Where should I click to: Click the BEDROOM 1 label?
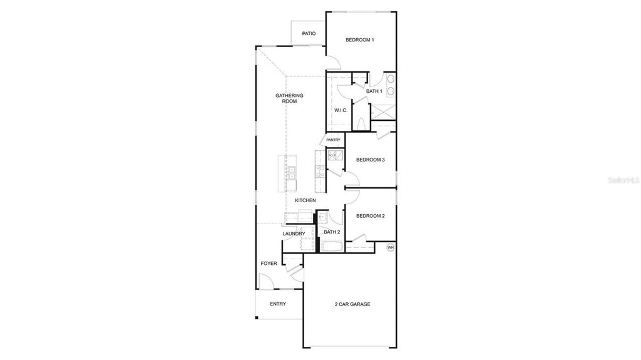[x=360, y=40]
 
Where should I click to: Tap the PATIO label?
[x=309, y=33]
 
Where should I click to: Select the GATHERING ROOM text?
[x=289, y=98]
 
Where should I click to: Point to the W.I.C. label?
[x=341, y=110]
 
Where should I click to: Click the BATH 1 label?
[x=374, y=91]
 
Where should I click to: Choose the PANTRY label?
[x=333, y=140]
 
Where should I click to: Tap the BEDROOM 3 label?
[x=370, y=160]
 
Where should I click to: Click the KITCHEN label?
[x=305, y=200]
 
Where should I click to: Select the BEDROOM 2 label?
[x=370, y=216]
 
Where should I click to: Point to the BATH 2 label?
[x=332, y=232]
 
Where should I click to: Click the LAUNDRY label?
[x=294, y=234]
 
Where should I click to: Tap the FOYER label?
[x=269, y=264]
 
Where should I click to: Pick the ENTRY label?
[x=278, y=304]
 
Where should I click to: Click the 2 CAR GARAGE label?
[x=352, y=304]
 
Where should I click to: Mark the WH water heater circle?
[x=391, y=247]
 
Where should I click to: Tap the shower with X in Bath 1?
[x=384, y=112]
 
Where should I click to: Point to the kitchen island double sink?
[x=292, y=173]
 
